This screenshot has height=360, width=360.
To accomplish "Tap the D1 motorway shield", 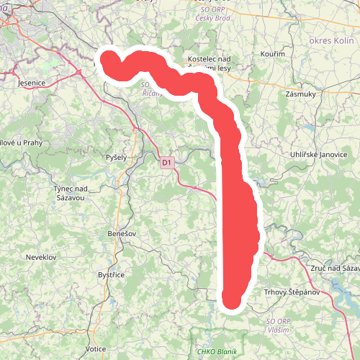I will (x=166, y=163).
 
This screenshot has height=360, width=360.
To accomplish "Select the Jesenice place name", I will (x=31, y=83).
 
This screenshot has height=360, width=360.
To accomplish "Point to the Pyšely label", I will (x=116, y=157).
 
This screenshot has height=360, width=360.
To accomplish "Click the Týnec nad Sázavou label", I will (x=70, y=192).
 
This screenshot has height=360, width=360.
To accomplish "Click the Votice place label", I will (x=96, y=348).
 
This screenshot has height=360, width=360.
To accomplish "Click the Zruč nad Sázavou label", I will (x=332, y=267).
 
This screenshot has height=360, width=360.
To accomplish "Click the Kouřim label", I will (x=276, y=54).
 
